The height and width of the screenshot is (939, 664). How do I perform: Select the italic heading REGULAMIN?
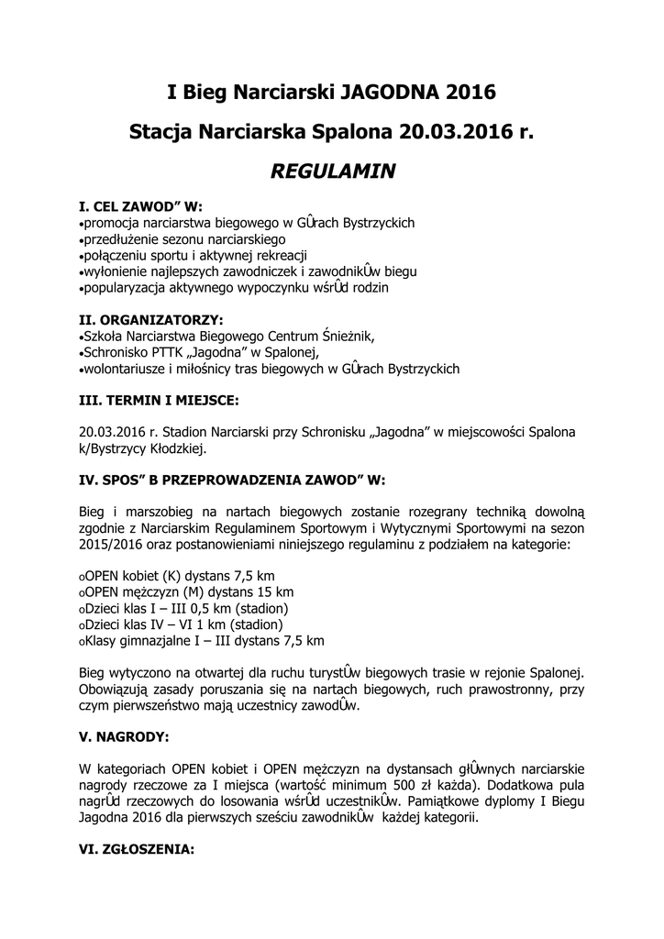coord(332,171)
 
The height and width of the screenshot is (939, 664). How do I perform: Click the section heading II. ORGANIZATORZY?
coord(151,320)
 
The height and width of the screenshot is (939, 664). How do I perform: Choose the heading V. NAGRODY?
coord(125,735)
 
